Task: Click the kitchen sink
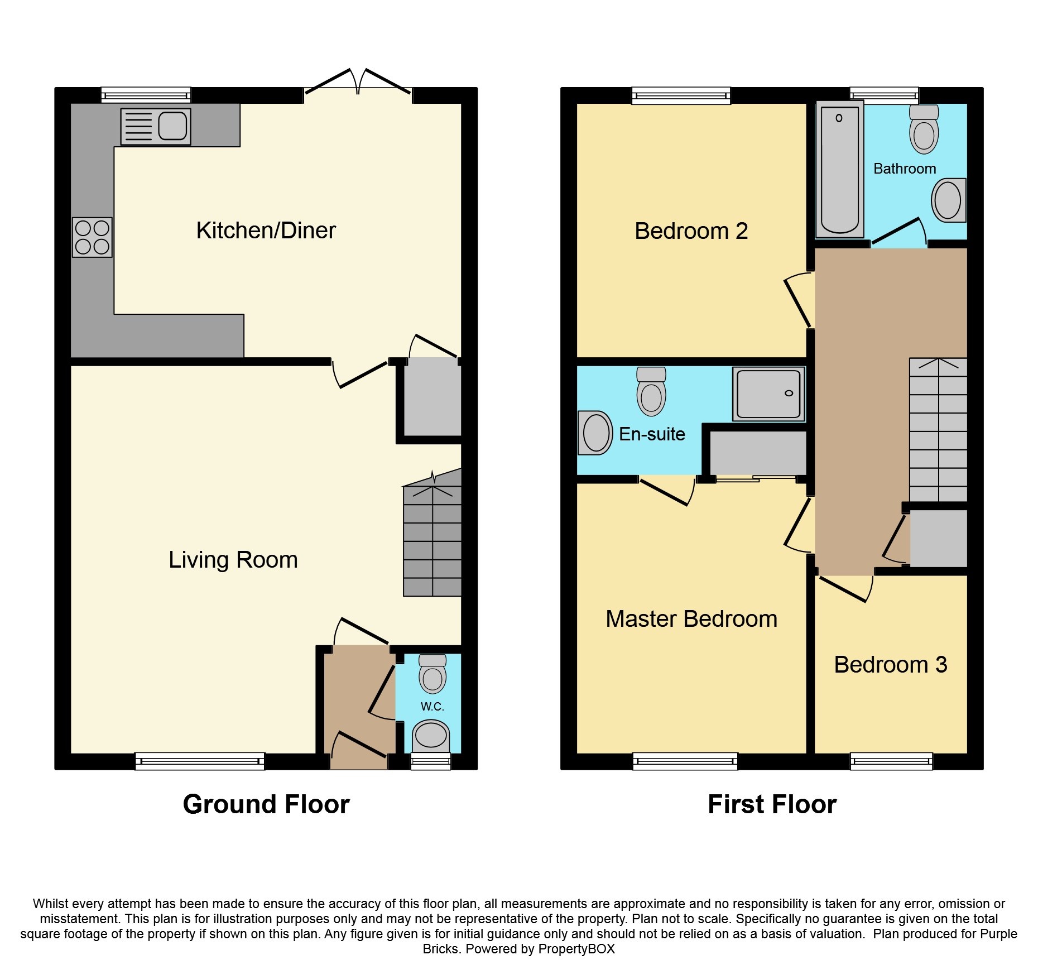156,126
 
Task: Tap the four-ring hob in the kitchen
92,237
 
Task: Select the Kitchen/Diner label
266,231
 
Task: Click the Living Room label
233,560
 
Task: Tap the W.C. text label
432,707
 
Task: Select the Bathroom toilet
924,129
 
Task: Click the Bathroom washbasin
948,200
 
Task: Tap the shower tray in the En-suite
768,394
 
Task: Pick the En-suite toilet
651,391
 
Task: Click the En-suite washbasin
595,433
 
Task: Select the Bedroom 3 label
890,665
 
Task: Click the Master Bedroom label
691,619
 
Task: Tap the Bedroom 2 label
691,231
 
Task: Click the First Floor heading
772,805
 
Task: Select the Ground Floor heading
266,805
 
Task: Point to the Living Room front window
200,761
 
